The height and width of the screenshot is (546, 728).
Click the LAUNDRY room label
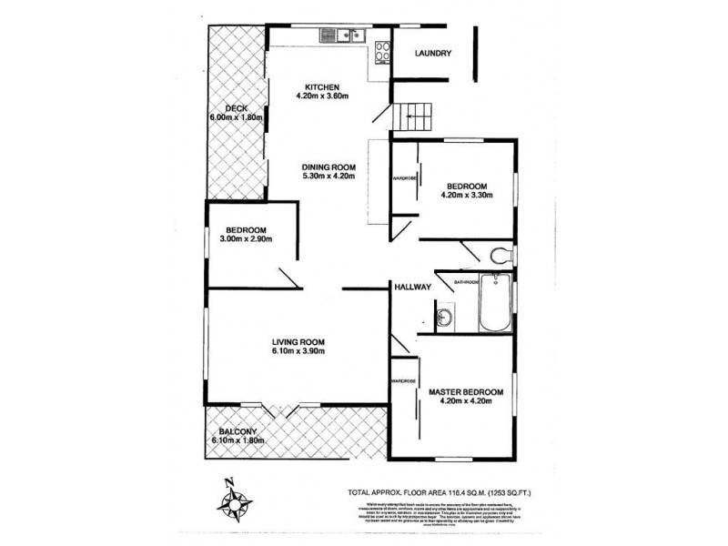[x=433, y=54]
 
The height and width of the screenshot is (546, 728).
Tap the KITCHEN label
[x=321, y=86]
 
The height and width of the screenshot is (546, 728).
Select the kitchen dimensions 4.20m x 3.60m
[x=322, y=96]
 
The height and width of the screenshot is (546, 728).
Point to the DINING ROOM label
[x=329, y=167]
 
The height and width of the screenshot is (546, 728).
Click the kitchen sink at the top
[x=341, y=36]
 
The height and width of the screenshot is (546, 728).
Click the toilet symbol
[x=499, y=253]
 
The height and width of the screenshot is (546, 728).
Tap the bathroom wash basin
[x=444, y=318]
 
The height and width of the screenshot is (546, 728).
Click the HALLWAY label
[x=411, y=288]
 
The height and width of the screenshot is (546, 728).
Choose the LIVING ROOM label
[x=298, y=342]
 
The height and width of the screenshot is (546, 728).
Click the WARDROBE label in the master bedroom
[x=403, y=380]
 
